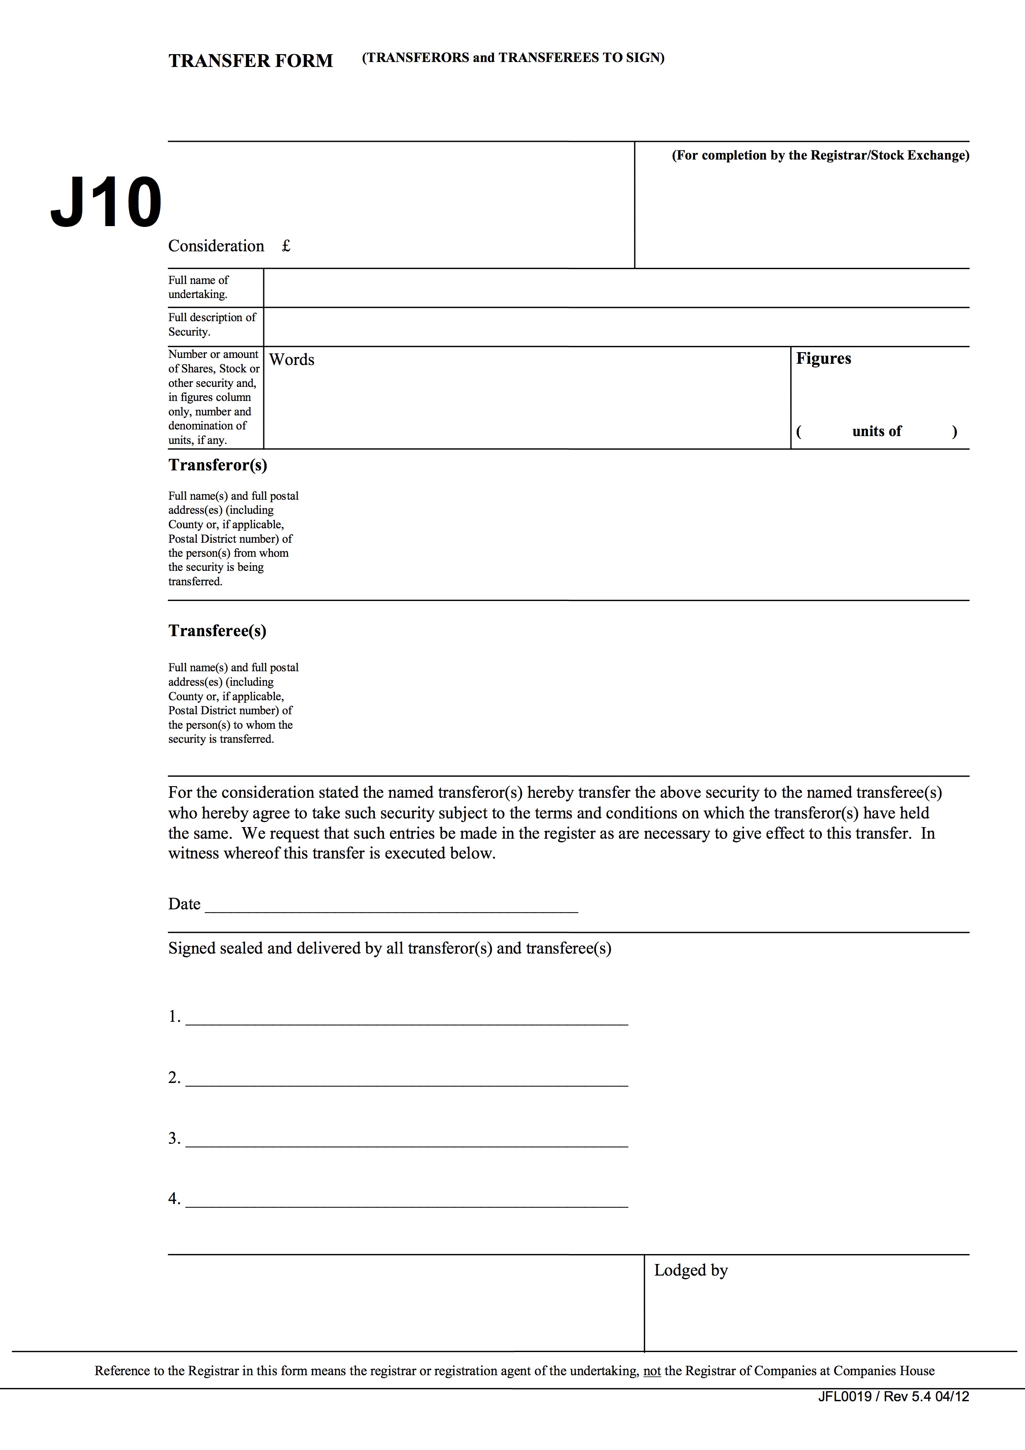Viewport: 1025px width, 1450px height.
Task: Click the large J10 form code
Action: (106, 203)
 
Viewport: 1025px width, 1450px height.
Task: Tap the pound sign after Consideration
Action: (286, 246)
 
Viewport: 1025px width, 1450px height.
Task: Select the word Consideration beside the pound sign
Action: (216, 246)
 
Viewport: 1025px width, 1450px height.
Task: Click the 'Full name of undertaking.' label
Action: (198, 287)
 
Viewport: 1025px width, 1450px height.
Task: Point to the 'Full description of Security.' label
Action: (212, 324)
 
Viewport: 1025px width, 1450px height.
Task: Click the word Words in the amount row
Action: (292, 359)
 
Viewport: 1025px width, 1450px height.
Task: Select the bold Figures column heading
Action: (824, 358)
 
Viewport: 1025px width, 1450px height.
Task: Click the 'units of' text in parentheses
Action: (877, 432)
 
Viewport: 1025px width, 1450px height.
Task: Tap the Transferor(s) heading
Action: (217, 465)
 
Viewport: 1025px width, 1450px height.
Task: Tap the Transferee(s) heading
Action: (217, 630)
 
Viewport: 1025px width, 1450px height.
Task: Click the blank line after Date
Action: (391, 908)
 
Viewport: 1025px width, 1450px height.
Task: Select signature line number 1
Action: (407, 1019)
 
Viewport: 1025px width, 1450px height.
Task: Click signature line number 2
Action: (407, 1080)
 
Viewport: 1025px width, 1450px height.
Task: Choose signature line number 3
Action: (407, 1140)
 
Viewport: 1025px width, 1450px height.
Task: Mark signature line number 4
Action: (407, 1201)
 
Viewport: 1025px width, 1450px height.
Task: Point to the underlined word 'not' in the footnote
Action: (652, 1370)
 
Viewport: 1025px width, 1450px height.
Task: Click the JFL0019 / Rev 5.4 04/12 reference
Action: (893, 1396)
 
